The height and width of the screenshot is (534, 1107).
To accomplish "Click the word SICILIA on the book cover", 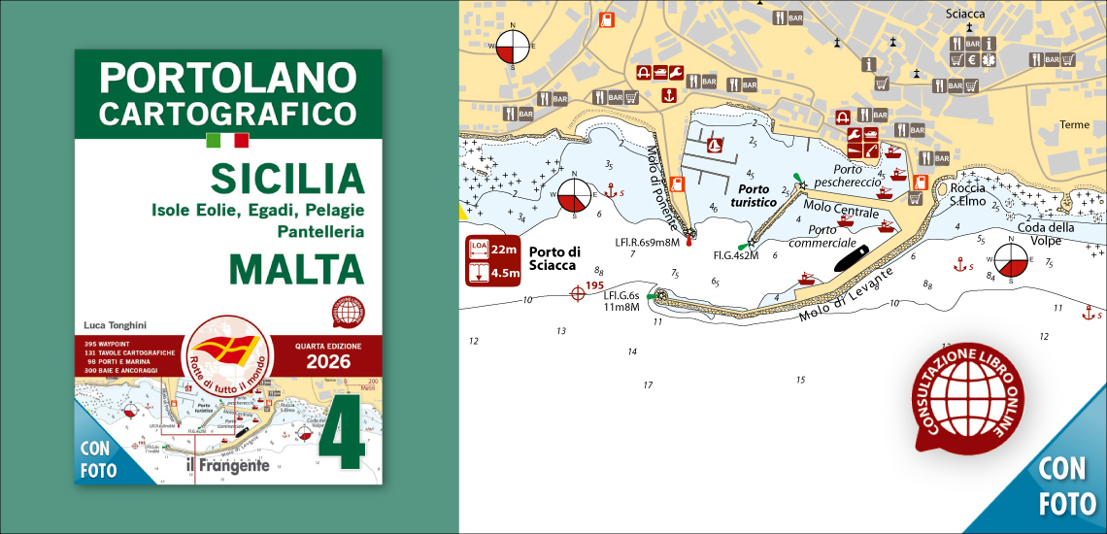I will [286, 179].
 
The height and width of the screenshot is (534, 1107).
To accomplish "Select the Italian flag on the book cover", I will [227, 140].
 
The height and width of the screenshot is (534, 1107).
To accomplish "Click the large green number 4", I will [343, 433].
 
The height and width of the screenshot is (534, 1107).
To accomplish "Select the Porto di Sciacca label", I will [553, 258].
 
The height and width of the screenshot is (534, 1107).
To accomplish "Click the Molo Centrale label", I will [840, 213].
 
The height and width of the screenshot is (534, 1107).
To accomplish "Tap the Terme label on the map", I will [1074, 124].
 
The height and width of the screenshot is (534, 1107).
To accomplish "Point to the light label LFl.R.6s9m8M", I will [647, 242].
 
